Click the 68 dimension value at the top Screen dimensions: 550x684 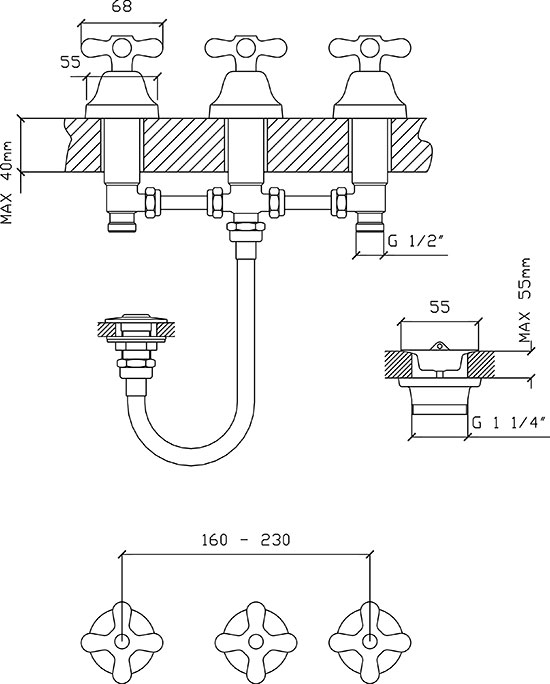pos(121,7)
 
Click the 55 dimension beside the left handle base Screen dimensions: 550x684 pos(70,62)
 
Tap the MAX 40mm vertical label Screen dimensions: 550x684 pos(8,182)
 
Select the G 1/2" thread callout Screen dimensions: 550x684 pos(418,240)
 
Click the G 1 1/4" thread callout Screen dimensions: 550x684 pos(509,423)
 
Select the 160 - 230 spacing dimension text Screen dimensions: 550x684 pos(246,540)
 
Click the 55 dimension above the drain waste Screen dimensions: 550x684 pos(439,307)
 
